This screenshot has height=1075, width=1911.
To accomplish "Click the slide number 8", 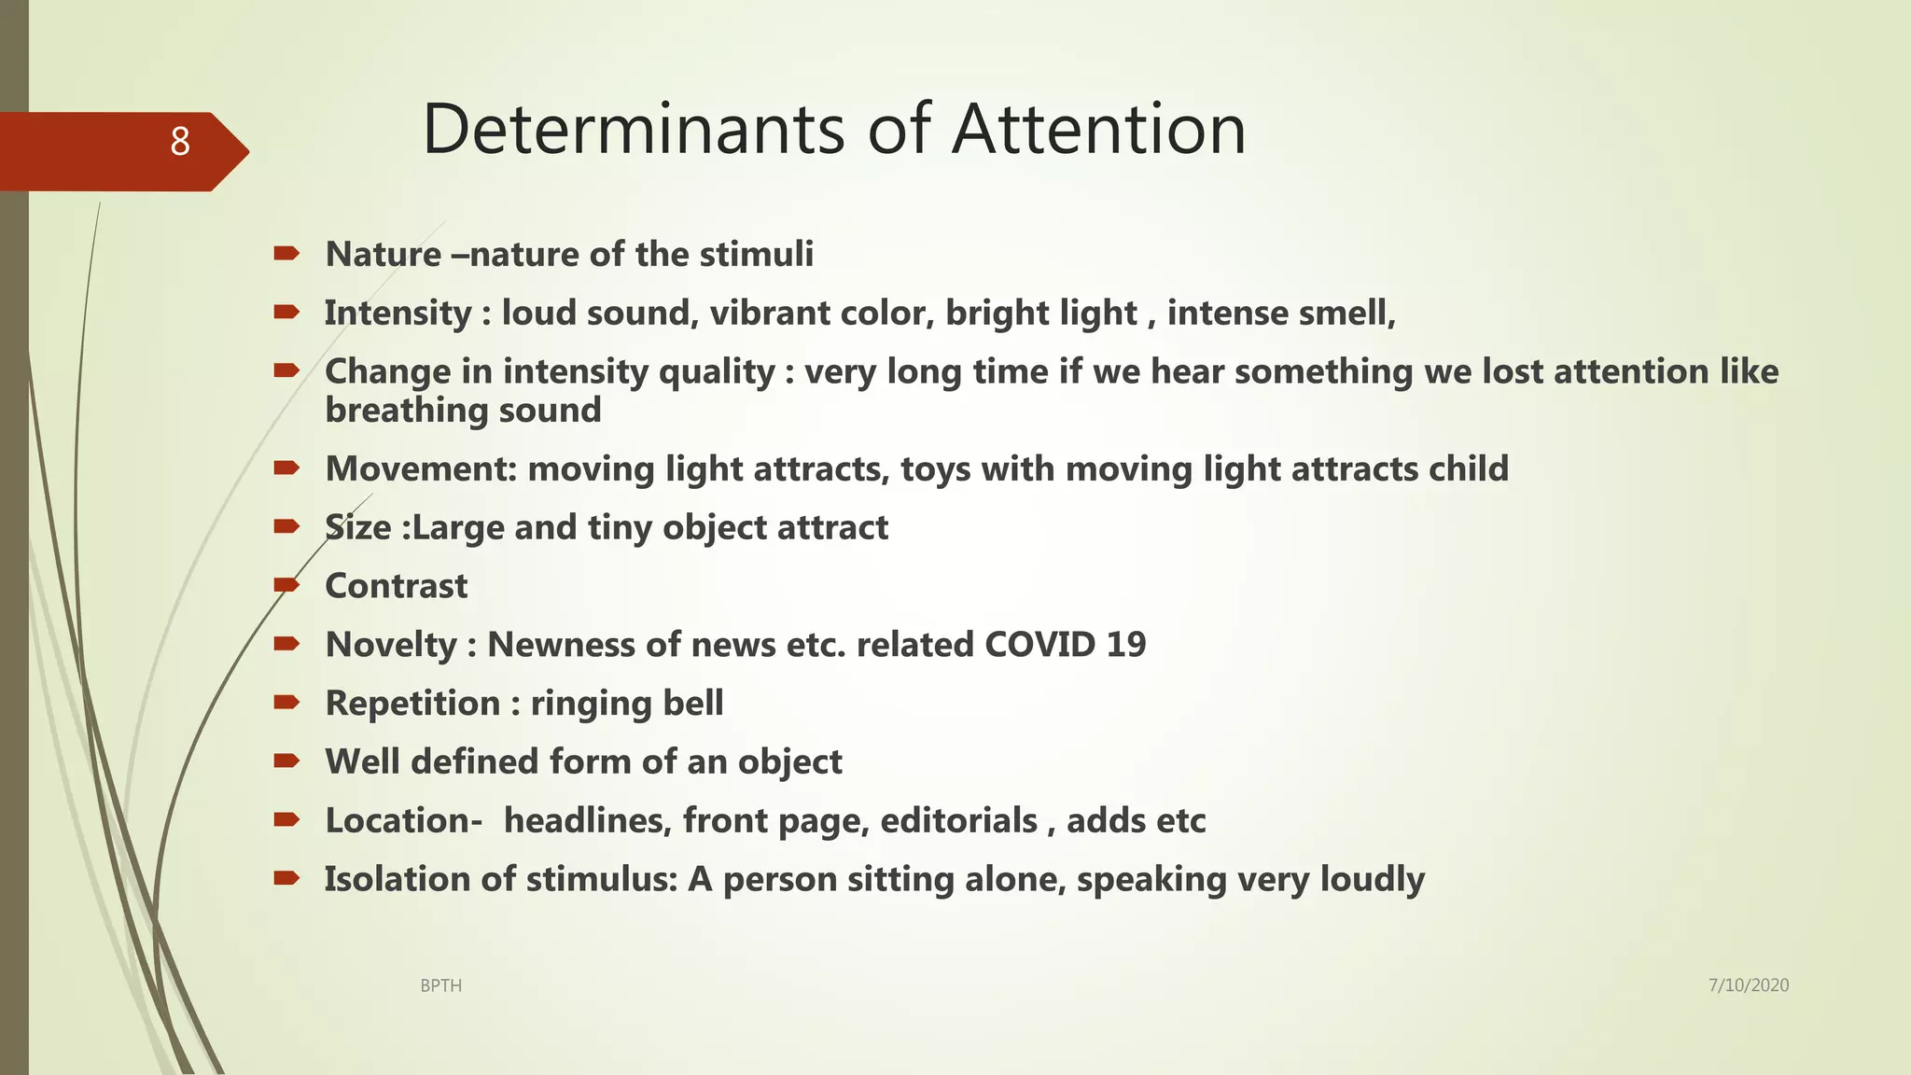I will tap(180, 142).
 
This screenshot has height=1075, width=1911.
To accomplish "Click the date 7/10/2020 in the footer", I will tap(1748, 984).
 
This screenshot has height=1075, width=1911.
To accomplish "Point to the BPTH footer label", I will tap(440, 985).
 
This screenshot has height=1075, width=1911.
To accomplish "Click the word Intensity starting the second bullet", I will tap(398, 314).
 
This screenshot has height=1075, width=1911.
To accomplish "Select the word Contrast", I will tap(396, 586).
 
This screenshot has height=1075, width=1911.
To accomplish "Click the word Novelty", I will tap(391, 645).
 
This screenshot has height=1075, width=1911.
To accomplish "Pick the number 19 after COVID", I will tap(1125, 645).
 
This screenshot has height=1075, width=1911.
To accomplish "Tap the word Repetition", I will tap(412, 704).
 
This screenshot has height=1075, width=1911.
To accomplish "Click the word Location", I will tap(399, 821).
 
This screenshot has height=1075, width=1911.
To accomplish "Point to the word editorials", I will tap(958, 821).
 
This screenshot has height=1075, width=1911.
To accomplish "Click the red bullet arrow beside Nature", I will tap(286, 253).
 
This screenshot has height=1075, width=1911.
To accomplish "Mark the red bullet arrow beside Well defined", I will tap(286, 761).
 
